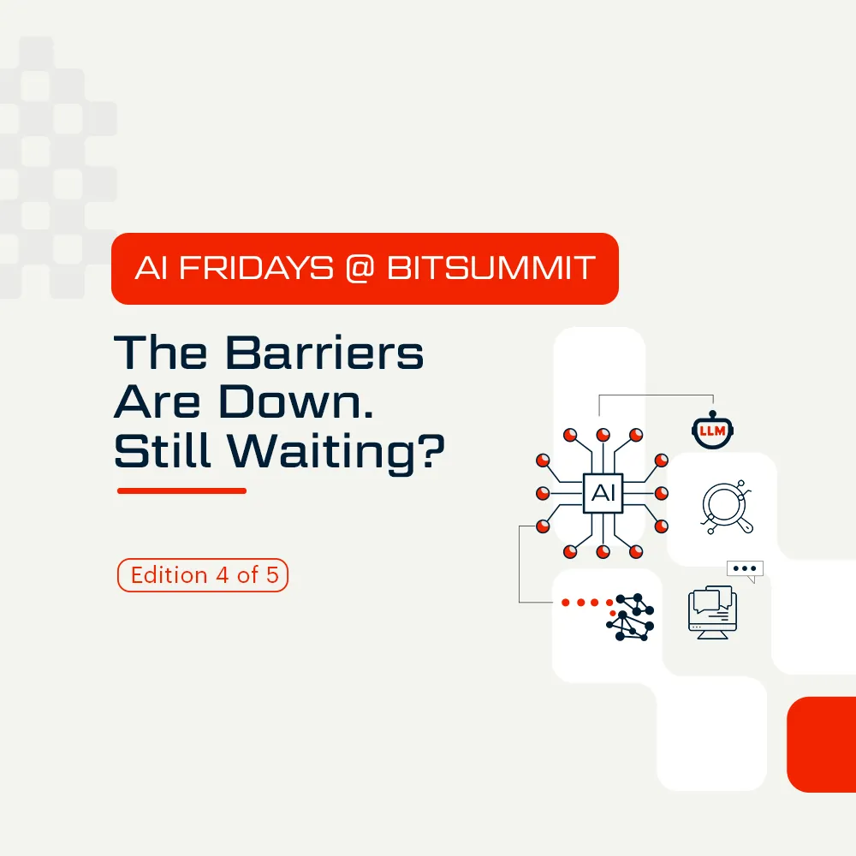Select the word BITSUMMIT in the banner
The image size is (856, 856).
[490, 268]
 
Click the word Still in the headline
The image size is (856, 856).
[162, 453]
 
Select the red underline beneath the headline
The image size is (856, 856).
[181, 490]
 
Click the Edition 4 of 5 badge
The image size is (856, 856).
[203, 575]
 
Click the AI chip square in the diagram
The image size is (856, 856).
[603, 493]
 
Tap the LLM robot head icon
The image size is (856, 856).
[713, 431]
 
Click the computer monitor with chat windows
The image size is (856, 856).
[711, 609]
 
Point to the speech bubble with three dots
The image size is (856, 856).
[744, 569]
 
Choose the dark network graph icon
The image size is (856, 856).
[631, 615]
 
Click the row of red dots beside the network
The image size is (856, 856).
[586, 603]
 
